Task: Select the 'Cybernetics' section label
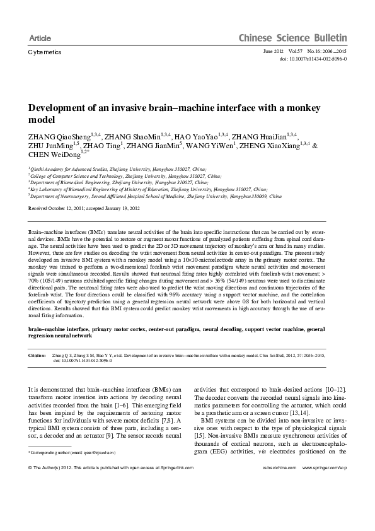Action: tap(45, 52)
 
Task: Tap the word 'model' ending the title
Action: tap(43, 119)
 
